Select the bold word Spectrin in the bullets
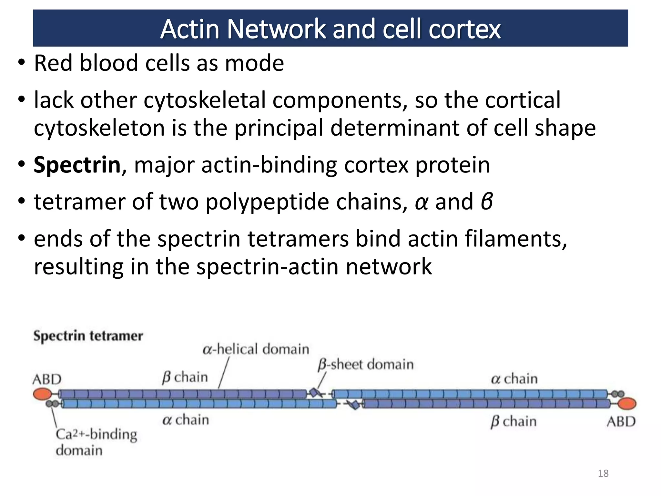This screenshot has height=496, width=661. pos(77,165)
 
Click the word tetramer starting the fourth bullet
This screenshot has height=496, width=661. pos(79,202)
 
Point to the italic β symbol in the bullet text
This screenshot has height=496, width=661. pos(486,201)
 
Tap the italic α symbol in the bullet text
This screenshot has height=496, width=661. pos(422,202)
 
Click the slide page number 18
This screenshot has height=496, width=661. pos(603,473)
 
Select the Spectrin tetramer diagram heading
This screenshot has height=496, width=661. pos(88,336)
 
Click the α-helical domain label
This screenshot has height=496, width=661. pos(256,349)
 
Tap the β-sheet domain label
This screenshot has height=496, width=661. pos(365,365)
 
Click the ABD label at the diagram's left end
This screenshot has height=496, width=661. pos(47,379)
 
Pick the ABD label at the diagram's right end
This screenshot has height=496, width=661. pos(621,422)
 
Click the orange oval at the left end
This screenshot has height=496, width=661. pos(42,394)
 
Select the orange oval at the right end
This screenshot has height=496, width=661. pos(627,404)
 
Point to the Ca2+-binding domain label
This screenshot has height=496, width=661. pos(96,442)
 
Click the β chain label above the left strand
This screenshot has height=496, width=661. pos(185,377)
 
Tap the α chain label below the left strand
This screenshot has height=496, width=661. pos(186,420)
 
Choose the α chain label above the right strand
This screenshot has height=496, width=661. pos(514,379)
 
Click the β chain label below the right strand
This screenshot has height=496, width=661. pos(513,421)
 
